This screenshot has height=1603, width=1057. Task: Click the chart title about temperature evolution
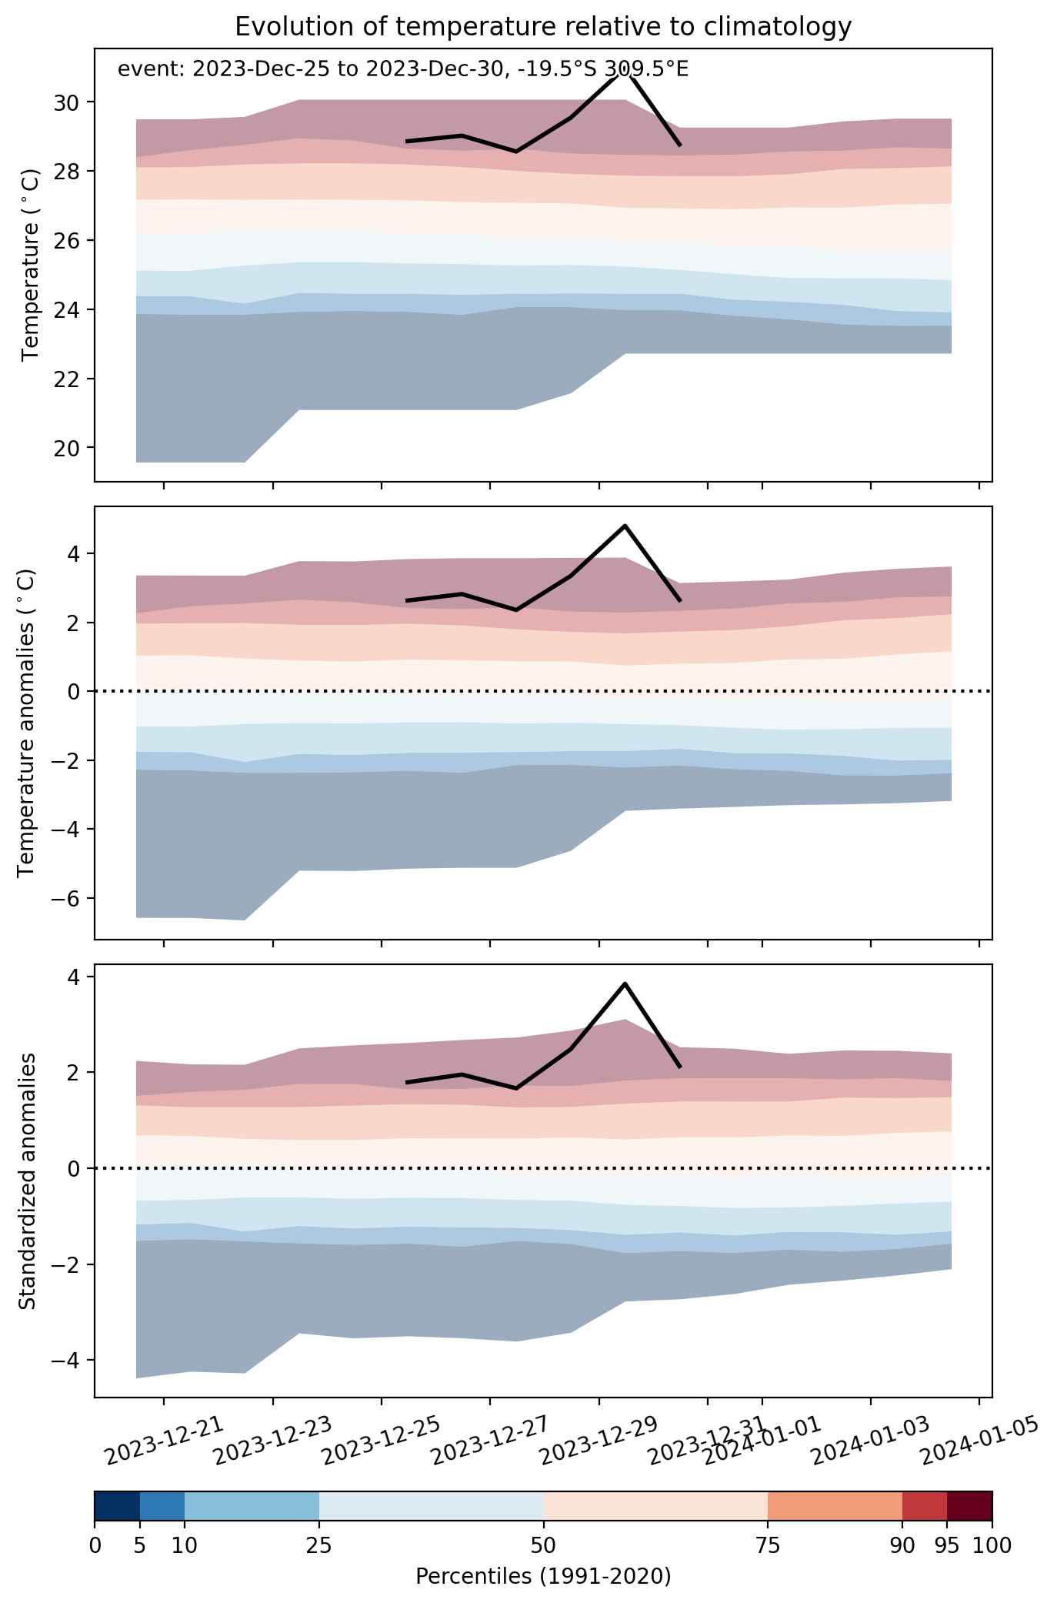click(543, 27)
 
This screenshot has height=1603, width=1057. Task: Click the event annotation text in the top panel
click(402, 70)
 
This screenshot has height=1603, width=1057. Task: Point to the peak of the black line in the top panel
click(625, 72)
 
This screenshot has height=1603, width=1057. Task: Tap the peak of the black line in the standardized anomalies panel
click(625, 984)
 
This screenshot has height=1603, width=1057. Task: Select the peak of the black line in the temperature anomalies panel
click(625, 526)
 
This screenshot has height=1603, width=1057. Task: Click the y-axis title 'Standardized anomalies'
click(28, 1181)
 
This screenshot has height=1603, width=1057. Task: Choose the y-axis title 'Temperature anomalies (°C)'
click(28, 723)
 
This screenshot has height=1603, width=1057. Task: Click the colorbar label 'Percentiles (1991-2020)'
click(543, 1577)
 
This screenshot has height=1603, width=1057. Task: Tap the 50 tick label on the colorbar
click(543, 1545)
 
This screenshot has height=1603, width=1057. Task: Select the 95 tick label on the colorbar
click(947, 1545)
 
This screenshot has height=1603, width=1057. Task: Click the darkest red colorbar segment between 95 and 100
click(969, 1506)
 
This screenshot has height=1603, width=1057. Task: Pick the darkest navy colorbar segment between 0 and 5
click(117, 1506)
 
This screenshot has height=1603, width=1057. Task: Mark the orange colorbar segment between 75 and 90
click(835, 1506)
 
